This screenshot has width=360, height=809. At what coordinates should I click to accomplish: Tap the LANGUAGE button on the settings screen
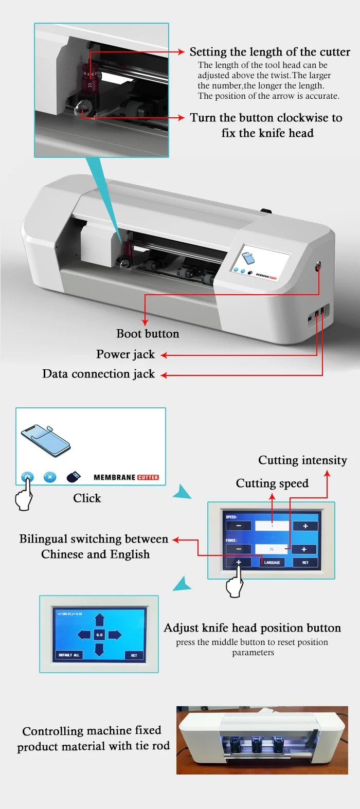point(272,562)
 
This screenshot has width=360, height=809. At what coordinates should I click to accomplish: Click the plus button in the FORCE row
point(304,549)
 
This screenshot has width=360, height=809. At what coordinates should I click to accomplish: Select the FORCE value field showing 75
point(272,549)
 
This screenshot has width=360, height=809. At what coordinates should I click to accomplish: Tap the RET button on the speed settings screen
point(305,562)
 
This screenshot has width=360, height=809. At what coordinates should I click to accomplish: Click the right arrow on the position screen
point(115,635)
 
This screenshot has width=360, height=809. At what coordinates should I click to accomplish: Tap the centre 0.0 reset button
point(99,635)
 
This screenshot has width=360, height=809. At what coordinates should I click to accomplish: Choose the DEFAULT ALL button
point(69,655)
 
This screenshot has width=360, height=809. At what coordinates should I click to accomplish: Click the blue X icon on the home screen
point(50,477)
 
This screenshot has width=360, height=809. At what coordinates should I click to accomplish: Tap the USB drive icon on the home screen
point(74,477)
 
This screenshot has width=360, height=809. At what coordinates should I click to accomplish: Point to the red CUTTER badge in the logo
point(148,477)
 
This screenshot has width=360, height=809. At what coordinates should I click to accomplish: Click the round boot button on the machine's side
point(318,266)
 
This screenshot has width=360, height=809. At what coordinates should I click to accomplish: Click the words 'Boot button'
point(148,334)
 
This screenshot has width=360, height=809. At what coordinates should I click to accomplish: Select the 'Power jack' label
point(125,354)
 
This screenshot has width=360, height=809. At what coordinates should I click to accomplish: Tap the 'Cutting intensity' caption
point(302,460)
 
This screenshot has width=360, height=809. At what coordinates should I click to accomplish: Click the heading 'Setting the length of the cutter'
point(269,52)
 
